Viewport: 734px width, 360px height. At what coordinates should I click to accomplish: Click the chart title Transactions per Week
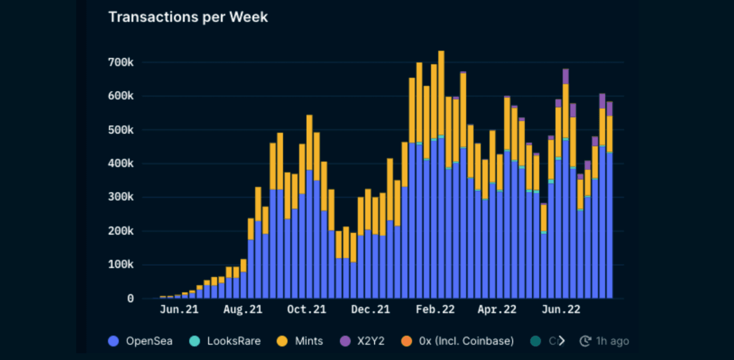tap(188, 17)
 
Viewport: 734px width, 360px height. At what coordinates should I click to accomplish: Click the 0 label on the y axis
tap(130, 299)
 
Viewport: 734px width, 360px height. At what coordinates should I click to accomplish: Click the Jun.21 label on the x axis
tap(179, 310)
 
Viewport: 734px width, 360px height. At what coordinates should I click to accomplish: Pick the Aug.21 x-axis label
tap(243, 310)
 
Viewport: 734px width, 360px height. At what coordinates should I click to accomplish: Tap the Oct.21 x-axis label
tap(306, 310)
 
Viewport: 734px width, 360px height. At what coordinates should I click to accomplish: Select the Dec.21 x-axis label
tap(370, 310)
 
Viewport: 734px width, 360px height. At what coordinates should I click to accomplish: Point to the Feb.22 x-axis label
tap(435, 310)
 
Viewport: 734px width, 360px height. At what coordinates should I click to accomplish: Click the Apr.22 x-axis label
tap(496, 310)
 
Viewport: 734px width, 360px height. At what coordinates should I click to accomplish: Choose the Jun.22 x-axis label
tap(560, 310)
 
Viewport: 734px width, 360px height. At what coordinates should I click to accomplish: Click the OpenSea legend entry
tap(141, 341)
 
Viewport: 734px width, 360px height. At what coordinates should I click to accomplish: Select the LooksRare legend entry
tap(226, 341)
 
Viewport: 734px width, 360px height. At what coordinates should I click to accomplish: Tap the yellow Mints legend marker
tap(283, 341)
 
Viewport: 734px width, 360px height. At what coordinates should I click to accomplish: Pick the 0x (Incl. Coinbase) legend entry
tap(458, 341)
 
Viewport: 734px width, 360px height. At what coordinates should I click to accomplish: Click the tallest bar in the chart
tap(441, 176)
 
